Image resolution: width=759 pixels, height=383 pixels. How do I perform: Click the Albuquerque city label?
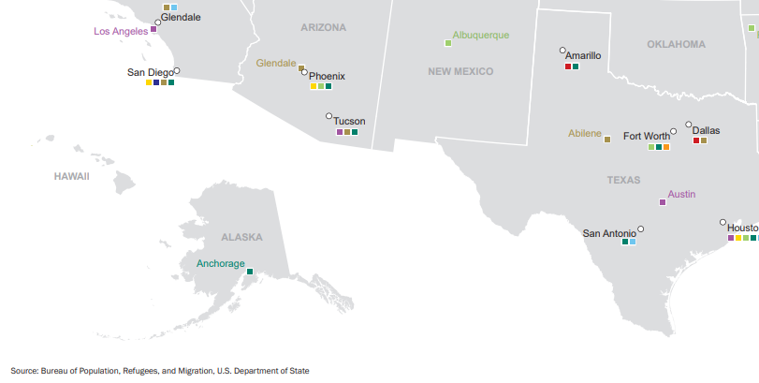481,36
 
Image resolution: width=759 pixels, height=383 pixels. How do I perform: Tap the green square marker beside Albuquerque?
448,43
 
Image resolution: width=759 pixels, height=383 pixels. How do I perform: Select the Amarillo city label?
583,56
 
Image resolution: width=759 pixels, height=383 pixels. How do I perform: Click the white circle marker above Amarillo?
562,50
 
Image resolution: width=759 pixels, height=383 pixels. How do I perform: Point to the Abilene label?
585,134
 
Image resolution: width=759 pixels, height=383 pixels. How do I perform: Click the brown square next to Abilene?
607,140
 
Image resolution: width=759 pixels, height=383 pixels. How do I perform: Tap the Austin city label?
681,195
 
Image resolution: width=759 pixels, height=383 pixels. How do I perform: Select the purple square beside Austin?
663,202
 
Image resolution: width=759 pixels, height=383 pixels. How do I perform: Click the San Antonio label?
609,233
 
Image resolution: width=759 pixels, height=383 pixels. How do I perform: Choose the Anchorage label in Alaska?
220,264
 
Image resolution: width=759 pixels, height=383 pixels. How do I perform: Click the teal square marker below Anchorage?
249,272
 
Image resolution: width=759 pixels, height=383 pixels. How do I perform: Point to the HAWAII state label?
71,176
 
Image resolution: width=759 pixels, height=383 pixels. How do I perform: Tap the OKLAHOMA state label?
676,44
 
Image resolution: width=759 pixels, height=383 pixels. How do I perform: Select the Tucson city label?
349,121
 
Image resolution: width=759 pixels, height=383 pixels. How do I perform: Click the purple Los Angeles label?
121,31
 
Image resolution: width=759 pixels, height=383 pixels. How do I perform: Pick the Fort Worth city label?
646,136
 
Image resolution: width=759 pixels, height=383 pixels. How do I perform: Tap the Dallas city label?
706,130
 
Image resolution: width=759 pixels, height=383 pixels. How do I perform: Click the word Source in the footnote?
24,371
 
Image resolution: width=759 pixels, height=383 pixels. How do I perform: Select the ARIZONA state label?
323,28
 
